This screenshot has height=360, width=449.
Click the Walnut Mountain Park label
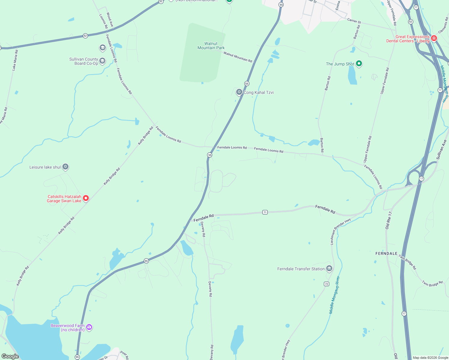(211, 46)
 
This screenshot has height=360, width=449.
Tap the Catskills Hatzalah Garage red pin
(86, 198)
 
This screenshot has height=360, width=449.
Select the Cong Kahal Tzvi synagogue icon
(239, 92)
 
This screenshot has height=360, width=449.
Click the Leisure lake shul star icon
(65, 167)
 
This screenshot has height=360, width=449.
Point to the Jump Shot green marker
(359, 64)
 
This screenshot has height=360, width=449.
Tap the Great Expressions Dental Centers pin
(434, 38)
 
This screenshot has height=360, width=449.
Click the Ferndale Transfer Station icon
(329, 268)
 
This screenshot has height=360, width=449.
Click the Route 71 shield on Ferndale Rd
(265, 212)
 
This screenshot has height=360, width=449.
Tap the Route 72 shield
(327, 284)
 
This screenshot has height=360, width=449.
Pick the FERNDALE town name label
(386, 253)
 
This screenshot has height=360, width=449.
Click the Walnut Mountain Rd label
(238, 57)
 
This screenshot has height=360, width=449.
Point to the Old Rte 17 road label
(389, 220)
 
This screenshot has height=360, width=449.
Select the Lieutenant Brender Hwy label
(340, 231)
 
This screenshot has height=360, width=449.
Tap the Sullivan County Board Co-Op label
(84, 61)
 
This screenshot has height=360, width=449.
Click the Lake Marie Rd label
(15, 60)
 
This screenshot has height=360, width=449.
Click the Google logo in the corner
(10, 356)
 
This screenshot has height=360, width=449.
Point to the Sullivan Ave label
(441, 149)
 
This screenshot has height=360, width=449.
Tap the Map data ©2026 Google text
(430, 358)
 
